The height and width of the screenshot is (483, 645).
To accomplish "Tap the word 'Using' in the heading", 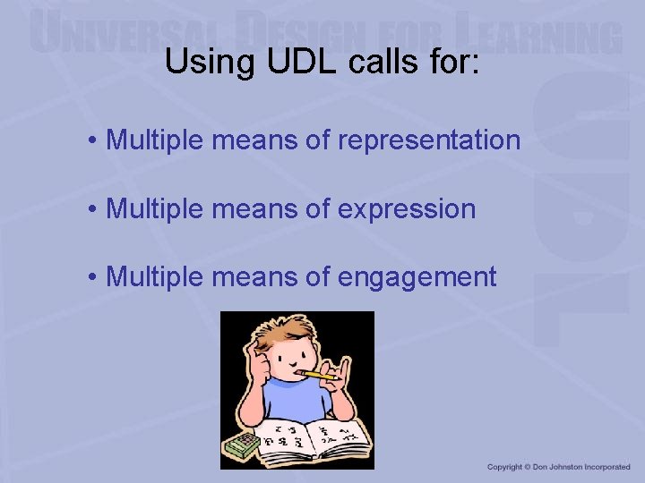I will [x=202, y=62].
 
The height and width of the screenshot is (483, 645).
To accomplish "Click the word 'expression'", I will [x=408, y=209].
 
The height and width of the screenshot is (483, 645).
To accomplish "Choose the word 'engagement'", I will [x=417, y=277].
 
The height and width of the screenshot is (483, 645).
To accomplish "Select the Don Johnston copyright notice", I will [x=558, y=467].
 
